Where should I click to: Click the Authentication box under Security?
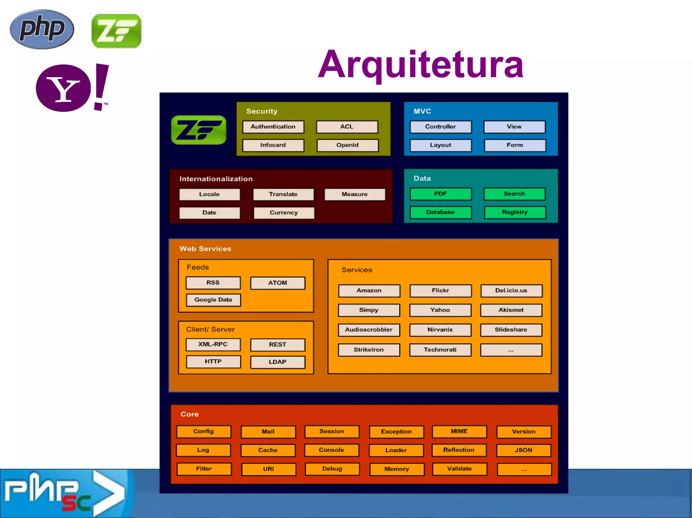pos(273,127)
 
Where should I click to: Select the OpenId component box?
pos(347,145)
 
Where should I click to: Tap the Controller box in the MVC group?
pos(440,127)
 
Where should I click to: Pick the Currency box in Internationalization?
pos(283,213)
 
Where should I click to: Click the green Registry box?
pos(515,212)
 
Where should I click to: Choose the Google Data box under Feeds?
pos(213,300)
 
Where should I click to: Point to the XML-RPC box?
pos(213,345)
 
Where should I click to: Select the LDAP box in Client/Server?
pos(277,362)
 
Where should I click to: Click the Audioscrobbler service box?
pos(369,330)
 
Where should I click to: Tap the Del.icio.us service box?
pos(511,291)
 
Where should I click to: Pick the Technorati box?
pos(440,350)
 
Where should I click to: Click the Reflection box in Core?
pos(459,450)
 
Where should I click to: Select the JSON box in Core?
pos(523,450)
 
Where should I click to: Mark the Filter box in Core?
pos(204,469)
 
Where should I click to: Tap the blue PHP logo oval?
pos(42,29)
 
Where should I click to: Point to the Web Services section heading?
pos(205,249)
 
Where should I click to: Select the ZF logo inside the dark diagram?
pos(199,130)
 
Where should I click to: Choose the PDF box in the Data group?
pos(440,194)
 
